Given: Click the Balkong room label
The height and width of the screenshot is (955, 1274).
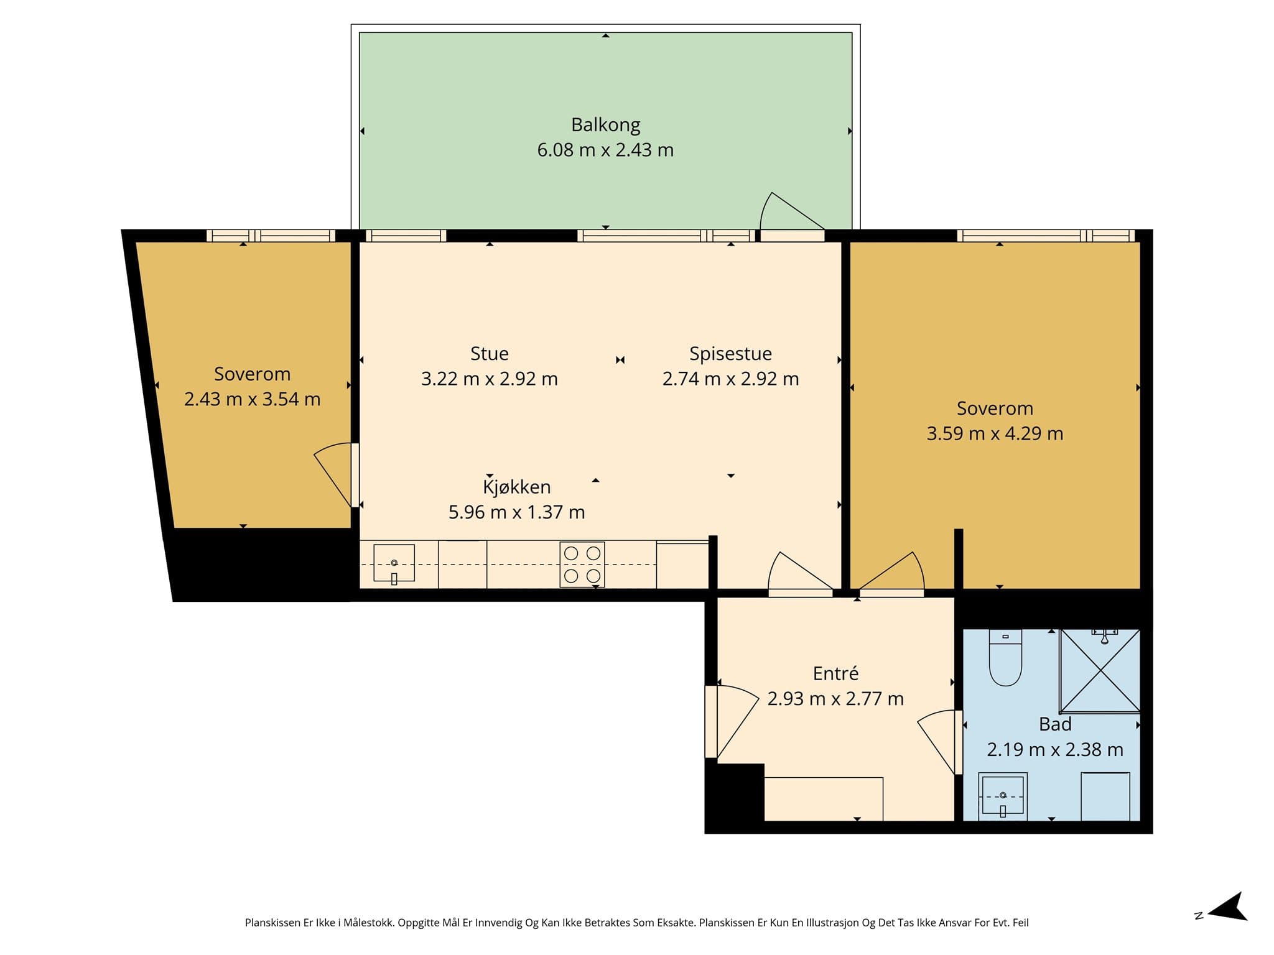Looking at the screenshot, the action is (x=605, y=125).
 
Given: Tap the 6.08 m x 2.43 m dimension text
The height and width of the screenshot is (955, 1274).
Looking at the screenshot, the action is (x=605, y=150).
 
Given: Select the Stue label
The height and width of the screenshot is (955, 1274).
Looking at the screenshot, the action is (x=490, y=354).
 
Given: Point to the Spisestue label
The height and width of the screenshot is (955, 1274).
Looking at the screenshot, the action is (x=730, y=354).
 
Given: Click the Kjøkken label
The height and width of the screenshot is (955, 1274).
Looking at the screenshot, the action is (x=517, y=487).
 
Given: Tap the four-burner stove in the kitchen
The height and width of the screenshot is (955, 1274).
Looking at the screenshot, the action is (x=582, y=565).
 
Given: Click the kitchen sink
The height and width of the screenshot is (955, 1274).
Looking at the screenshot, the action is (x=394, y=564).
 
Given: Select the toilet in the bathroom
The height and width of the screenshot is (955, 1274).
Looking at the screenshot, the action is (x=1005, y=658).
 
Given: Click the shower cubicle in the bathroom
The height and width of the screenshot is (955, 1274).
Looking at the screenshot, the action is (x=1100, y=670).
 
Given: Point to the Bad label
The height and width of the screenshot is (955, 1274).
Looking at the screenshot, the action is (x=1055, y=724).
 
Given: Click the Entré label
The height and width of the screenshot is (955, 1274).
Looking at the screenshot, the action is (x=835, y=673).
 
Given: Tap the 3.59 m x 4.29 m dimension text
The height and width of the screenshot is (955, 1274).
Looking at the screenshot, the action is (x=995, y=433).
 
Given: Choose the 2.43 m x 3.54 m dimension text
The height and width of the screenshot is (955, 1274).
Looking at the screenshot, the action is (x=252, y=399).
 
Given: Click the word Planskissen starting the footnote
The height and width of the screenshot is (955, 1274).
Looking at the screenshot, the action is (x=272, y=923).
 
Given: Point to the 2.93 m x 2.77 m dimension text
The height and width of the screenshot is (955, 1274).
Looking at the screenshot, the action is (x=835, y=699).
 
